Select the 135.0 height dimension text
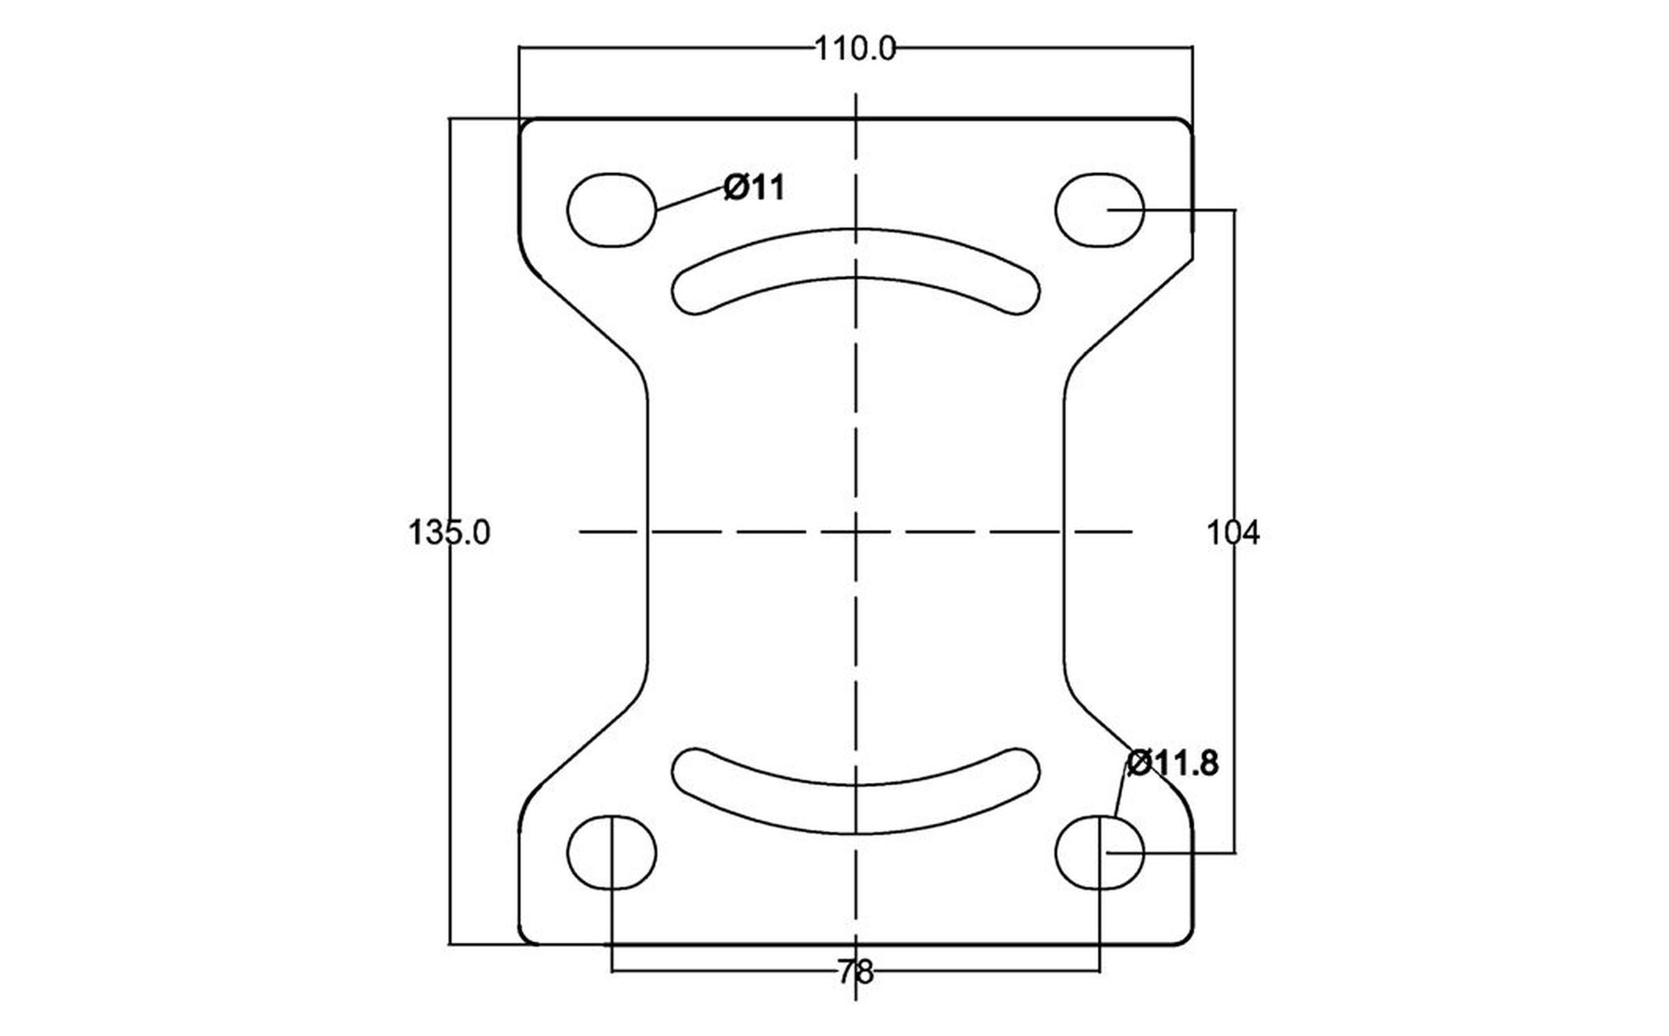click(x=449, y=533)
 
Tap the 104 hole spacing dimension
click(x=1232, y=533)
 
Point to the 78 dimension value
click(x=855, y=973)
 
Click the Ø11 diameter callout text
click(x=755, y=188)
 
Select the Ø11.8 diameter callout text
click(x=1172, y=763)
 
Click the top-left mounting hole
click(x=611, y=210)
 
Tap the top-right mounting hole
click(x=1099, y=210)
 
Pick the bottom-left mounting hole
click(x=611, y=852)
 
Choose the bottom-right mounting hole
click(x=1099, y=852)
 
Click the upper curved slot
click(x=855, y=253)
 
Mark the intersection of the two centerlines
click(x=855, y=532)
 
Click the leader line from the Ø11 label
click(x=691, y=198)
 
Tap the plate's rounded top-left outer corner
click(x=526, y=125)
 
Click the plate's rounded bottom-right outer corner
click(x=1187, y=939)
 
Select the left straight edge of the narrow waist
click(x=648, y=532)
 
